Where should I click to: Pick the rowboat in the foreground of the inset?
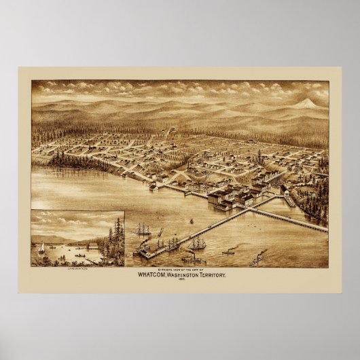pyautogui.click(x=82, y=257)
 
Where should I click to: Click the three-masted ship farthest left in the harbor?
pyautogui.click(x=144, y=231)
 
